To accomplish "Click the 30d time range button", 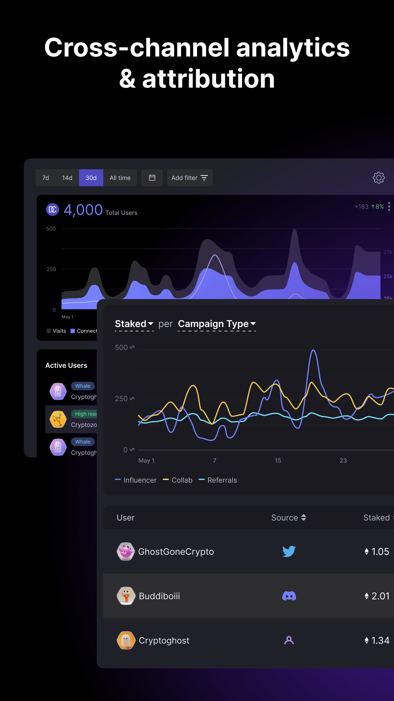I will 91,178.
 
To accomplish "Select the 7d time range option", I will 46,178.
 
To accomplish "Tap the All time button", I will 120,178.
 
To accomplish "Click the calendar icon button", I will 152,178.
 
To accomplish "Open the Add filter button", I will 189,178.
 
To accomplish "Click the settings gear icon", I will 378,178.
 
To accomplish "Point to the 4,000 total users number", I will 83,210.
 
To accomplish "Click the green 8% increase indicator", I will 378,207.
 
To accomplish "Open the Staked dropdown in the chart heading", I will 134,324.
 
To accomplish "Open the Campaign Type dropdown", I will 217,324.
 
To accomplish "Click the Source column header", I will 288,517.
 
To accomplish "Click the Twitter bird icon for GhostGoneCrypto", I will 289,551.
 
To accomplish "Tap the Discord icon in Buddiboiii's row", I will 289,596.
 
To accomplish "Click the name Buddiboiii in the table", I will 159,596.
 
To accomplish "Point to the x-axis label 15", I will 278,460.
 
